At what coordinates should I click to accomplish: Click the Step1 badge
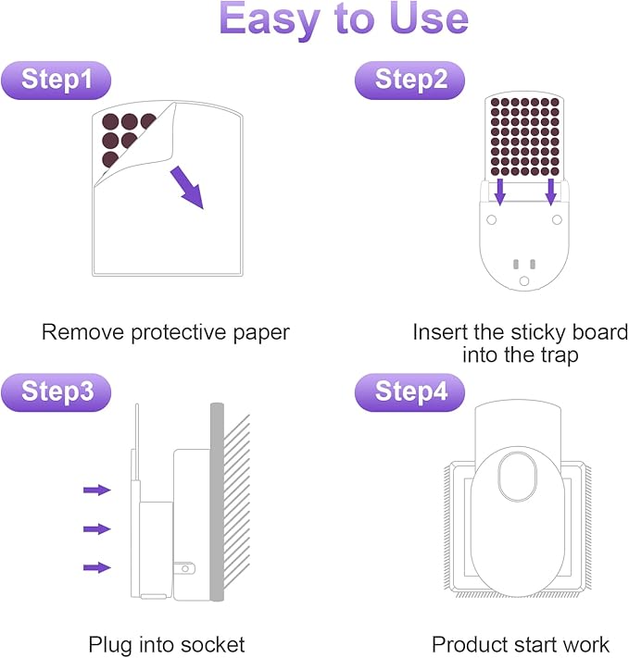(56, 81)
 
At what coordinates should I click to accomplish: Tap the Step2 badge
(409, 81)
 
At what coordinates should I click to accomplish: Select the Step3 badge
(56, 392)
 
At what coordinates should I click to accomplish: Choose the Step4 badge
(409, 392)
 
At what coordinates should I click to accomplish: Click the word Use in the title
(429, 19)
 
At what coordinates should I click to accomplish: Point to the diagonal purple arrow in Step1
(187, 187)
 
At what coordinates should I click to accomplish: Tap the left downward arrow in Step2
(499, 192)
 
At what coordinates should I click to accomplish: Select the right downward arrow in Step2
(551, 192)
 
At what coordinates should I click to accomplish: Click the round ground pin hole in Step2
(524, 281)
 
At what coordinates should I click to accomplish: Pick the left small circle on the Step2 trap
(491, 219)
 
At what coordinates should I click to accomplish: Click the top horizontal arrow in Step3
(97, 490)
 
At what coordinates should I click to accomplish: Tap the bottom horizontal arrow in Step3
(97, 568)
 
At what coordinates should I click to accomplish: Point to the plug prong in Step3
(185, 569)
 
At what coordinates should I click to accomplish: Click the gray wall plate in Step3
(217, 502)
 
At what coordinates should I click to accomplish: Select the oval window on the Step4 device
(517, 477)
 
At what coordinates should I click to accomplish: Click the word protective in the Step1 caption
(180, 333)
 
